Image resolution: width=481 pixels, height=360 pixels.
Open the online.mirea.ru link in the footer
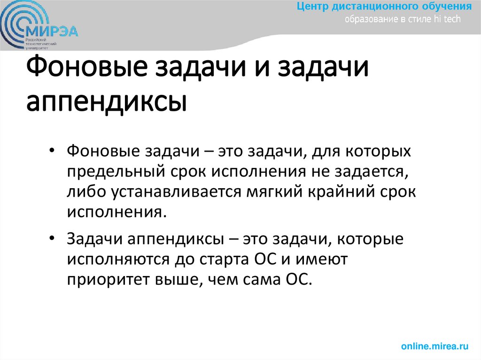click(x=435, y=346)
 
